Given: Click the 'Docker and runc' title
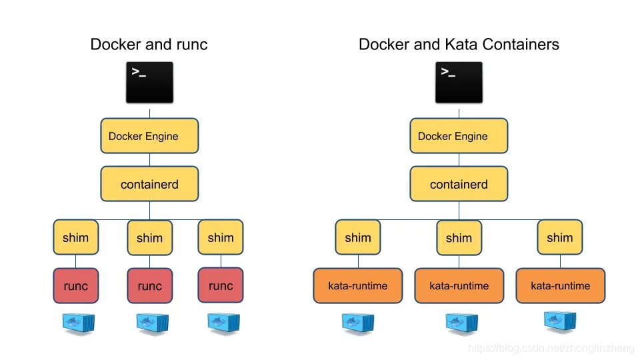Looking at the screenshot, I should [149, 45].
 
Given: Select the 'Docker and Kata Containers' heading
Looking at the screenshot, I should [459, 45].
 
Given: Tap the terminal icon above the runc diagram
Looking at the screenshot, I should [149, 83].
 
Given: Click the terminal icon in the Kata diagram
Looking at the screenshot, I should [459, 83].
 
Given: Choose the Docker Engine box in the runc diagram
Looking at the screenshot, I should [149, 136].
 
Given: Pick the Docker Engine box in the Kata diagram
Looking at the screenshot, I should [459, 136].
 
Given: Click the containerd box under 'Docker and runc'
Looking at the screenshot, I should [149, 184].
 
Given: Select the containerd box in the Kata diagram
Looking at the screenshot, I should [459, 184].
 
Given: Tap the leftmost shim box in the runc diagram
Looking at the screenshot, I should [75, 237].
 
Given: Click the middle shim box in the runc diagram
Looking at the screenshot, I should [149, 237].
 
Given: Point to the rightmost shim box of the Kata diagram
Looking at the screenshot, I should [560, 237].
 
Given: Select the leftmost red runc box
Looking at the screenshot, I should [75, 285].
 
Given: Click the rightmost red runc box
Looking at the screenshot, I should [221, 285].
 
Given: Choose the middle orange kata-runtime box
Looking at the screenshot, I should [459, 285].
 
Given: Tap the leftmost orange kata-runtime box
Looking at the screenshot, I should [358, 285].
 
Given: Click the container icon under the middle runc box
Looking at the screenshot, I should [149, 323].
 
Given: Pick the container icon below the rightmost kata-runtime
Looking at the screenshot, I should [560, 323].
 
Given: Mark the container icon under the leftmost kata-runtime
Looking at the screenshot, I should [358, 323].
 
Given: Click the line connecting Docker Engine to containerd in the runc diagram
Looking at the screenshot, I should [149, 160].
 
